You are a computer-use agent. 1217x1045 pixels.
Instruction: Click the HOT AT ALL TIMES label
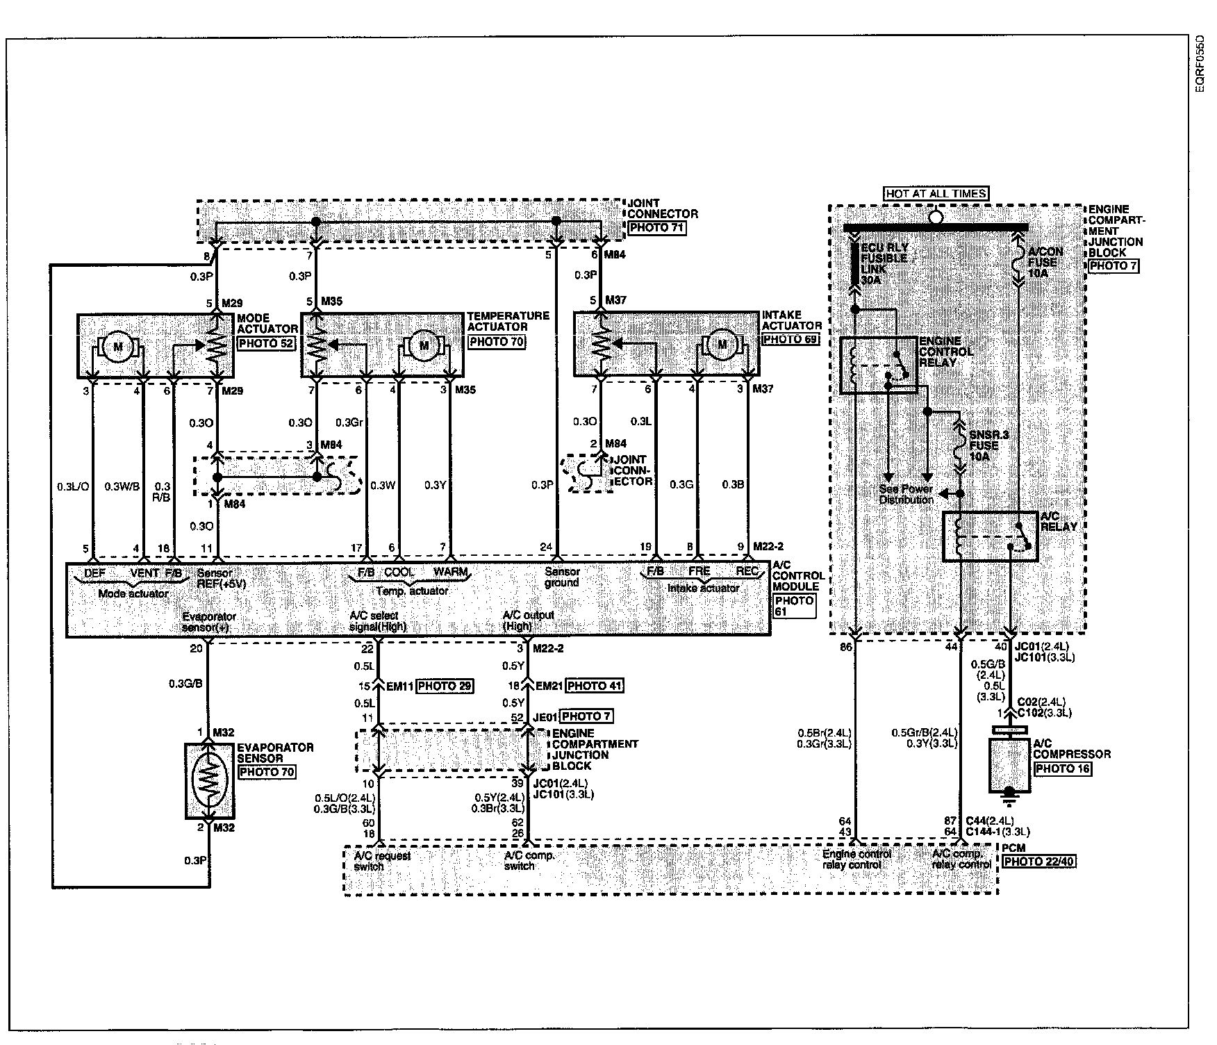(x=936, y=193)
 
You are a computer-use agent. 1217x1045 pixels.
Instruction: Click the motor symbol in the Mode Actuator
(x=117, y=346)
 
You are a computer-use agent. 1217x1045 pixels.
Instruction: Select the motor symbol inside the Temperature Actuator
(x=424, y=345)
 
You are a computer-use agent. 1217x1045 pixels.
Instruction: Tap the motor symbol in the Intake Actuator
(x=722, y=343)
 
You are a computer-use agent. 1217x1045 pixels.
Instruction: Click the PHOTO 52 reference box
(x=266, y=343)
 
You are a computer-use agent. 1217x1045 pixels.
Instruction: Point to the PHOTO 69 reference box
(x=790, y=339)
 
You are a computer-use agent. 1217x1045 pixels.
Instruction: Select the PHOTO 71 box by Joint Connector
(x=656, y=227)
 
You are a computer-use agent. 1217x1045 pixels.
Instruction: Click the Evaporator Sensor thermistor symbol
(x=208, y=780)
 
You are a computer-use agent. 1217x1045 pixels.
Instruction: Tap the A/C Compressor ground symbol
(x=1009, y=792)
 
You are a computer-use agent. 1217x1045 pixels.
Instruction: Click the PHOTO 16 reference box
(x=1062, y=768)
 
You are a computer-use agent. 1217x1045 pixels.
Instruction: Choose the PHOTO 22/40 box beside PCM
(x=1038, y=862)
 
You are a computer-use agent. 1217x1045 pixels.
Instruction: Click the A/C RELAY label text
(x=1058, y=521)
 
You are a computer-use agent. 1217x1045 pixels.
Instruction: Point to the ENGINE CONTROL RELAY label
(x=945, y=352)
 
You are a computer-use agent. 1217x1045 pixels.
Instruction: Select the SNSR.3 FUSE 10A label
(x=985, y=445)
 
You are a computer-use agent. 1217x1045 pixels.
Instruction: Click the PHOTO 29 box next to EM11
(x=445, y=686)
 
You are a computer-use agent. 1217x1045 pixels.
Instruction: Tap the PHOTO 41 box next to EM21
(x=595, y=686)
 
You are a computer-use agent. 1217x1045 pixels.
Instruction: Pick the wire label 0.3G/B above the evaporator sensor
(x=185, y=684)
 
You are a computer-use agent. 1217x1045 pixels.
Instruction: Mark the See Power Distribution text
(x=906, y=494)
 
